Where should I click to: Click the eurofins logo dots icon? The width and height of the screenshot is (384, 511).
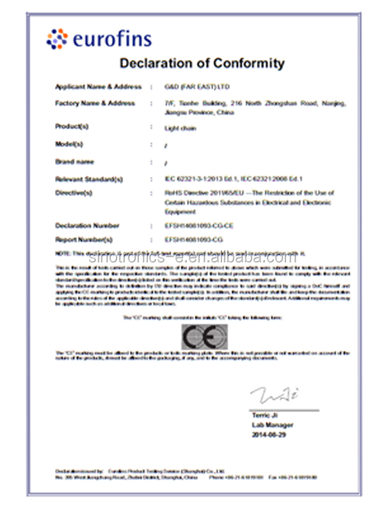tap(57, 39)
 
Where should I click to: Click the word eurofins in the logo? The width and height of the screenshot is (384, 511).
tap(113, 40)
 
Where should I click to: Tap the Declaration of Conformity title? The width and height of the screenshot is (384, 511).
tap(202, 63)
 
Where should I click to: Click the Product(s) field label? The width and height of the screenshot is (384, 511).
tap(72, 126)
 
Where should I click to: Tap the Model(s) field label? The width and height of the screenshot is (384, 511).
tap(69, 144)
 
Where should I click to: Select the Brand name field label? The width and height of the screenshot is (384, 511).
tap(74, 162)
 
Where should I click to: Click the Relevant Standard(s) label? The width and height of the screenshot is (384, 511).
tap(88, 179)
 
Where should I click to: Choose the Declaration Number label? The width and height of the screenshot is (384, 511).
tap(87, 225)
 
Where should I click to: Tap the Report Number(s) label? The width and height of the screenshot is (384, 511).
tap(84, 240)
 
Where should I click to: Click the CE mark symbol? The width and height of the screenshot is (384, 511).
tap(204, 335)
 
